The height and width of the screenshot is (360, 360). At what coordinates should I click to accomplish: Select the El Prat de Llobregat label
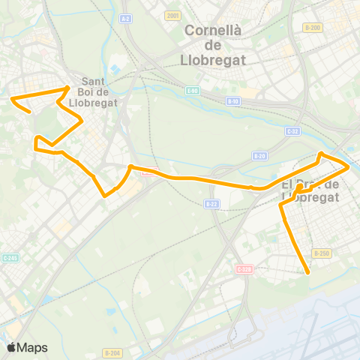click(x=311, y=190)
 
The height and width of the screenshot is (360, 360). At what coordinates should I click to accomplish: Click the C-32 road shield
click(x=292, y=130)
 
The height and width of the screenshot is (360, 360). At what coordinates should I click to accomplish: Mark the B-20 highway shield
click(x=259, y=156)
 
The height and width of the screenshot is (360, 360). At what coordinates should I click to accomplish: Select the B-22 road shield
click(x=211, y=203)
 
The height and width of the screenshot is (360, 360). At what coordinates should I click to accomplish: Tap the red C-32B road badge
click(x=245, y=268)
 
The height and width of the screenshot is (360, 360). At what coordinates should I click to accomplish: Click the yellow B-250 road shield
click(x=321, y=253)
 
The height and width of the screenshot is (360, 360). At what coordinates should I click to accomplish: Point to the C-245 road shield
click(x=10, y=258)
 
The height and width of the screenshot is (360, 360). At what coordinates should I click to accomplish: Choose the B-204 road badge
click(x=112, y=352)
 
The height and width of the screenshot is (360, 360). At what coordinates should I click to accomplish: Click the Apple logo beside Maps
click(x=11, y=347)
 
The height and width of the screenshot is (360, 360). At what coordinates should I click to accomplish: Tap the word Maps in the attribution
click(x=32, y=347)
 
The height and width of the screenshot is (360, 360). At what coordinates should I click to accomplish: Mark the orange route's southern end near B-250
click(x=308, y=274)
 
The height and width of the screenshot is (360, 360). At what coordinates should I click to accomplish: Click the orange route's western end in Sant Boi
click(x=12, y=98)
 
